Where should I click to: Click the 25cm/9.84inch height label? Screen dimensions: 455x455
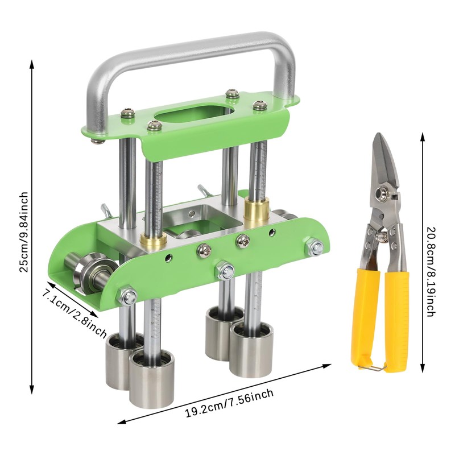pos(24,232)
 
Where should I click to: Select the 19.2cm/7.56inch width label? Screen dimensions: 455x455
pos(229,403)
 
